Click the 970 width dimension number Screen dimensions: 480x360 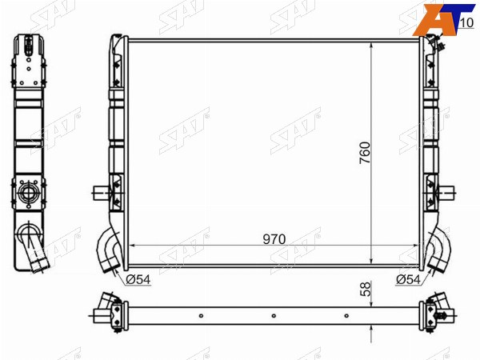click(x=274, y=239)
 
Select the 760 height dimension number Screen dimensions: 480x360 click(x=365, y=153)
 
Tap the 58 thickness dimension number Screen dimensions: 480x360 click(x=366, y=290)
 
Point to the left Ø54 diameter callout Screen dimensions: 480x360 click(x=138, y=279)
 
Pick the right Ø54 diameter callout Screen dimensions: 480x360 click(x=408, y=279)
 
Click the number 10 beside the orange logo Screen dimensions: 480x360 click(x=466, y=23)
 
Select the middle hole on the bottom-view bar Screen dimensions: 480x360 click(x=274, y=316)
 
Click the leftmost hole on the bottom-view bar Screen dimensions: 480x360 click(x=201, y=316)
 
